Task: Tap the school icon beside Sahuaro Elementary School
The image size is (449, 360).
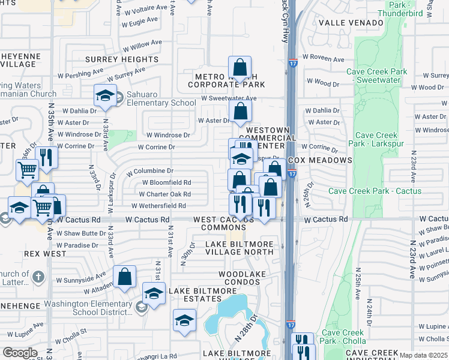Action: click(x=105, y=96)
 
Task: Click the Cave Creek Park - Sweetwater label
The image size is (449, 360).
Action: click(x=377, y=76)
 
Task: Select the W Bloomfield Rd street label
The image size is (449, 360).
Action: click(x=166, y=182)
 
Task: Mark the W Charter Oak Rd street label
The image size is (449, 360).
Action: click(x=164, y=194)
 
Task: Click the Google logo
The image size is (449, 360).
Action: click(x=20, y=353)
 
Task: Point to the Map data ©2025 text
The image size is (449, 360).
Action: click(x=423, y=355)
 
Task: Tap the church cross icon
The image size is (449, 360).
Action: click(x=38, y=277)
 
